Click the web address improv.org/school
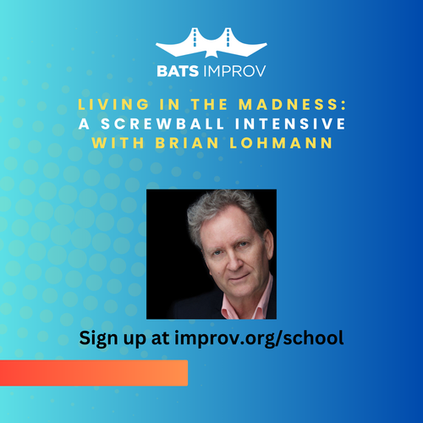click(271, 338)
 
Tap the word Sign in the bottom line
click(99, 338)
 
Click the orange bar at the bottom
click(93, 372)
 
